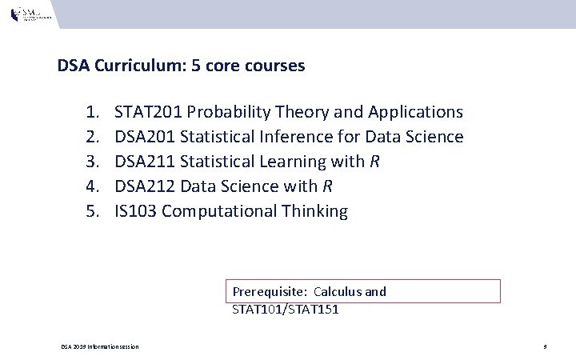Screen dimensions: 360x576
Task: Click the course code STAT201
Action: pos(148,112)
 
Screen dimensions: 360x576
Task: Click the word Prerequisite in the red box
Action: pos(269,292)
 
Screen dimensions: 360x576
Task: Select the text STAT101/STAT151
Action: pos(285,309)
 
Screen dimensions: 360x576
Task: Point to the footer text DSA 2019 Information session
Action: pos(100,346)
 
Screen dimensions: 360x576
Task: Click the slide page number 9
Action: pos(544,346)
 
